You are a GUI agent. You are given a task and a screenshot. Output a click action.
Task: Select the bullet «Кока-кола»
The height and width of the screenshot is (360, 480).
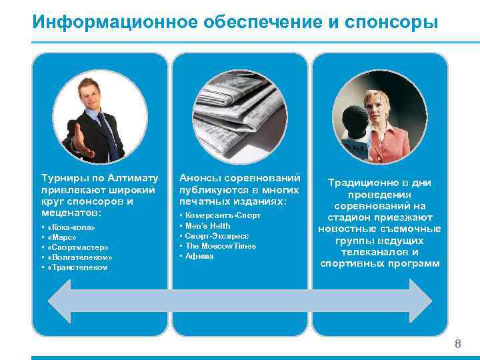coord(71,227)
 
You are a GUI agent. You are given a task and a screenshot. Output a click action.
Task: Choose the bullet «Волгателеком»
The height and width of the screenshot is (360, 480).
coord(80,257)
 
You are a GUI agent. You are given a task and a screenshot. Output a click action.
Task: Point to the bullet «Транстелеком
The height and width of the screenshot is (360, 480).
coord(78,267)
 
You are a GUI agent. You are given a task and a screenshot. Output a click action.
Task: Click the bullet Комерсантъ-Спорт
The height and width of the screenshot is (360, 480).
coord(223,216)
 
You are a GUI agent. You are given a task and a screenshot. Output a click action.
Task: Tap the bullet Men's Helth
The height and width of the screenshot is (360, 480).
coord(207,226)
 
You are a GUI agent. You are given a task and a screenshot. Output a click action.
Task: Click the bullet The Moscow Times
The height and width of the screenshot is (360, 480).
coord(220,246)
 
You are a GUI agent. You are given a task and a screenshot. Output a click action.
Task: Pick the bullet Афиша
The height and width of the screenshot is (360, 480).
coord(199,256)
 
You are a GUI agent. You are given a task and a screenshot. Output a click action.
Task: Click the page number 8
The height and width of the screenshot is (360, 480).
coord(458,344)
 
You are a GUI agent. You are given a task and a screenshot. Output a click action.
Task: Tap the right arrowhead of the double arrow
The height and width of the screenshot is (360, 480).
coord(418,301)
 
